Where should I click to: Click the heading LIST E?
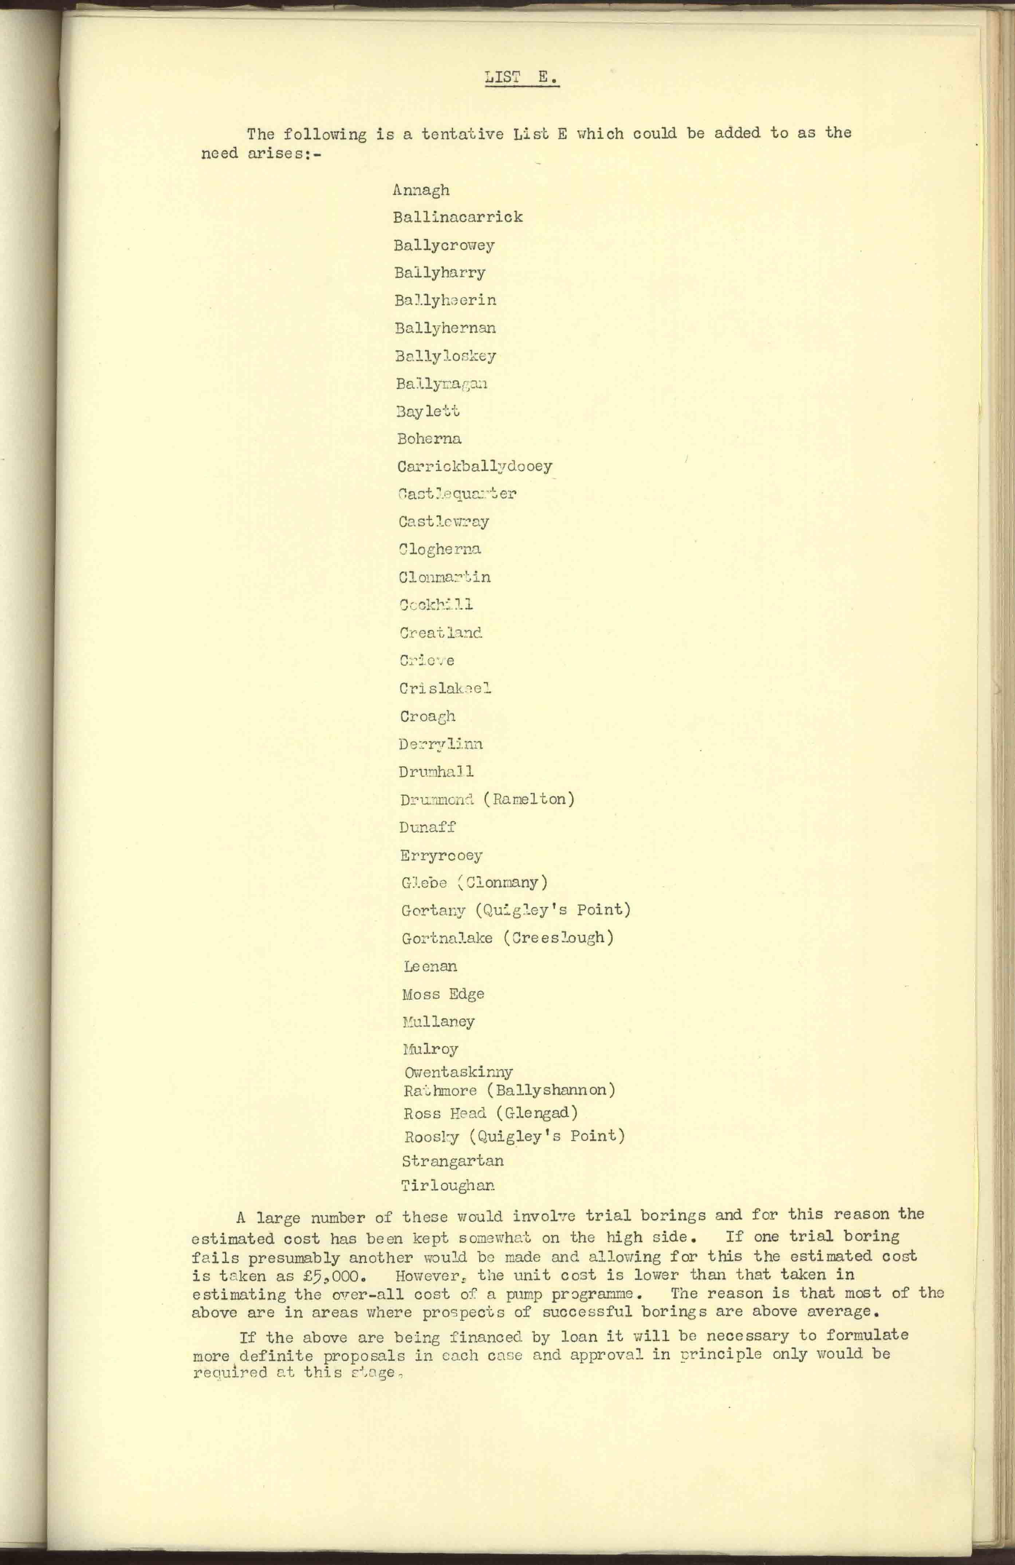[522, 78]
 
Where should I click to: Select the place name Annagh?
[421, 190]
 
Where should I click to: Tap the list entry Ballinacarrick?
[458, 217]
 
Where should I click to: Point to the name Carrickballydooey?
[474, 466]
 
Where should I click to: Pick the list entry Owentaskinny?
[458, 1072]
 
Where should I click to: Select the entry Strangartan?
[453, 1161]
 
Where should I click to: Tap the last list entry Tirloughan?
[448, 1186]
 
